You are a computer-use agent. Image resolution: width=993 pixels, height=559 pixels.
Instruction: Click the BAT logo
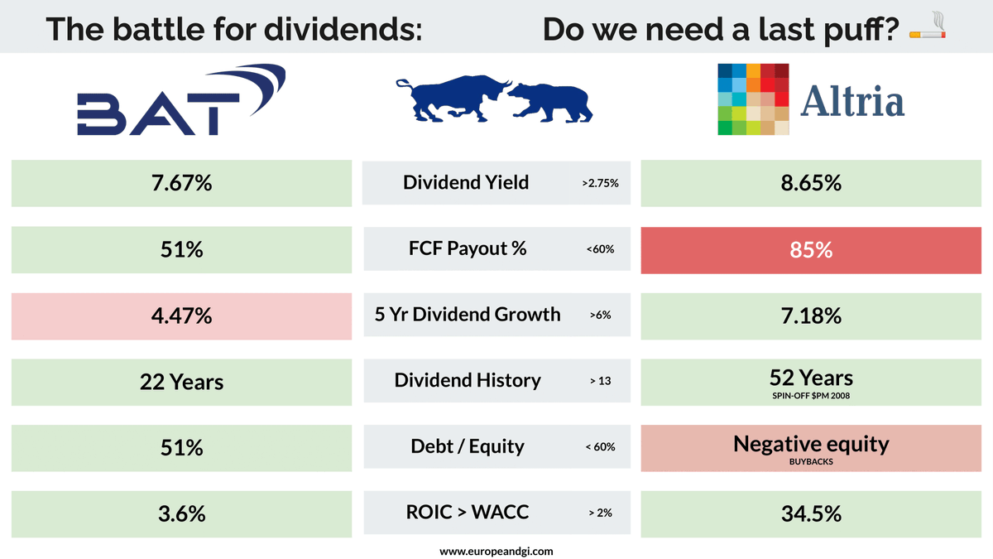point(181,99)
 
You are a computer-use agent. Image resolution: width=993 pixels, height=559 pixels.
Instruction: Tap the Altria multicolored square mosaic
point(753,99)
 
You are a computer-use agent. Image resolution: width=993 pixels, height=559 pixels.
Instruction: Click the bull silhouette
point(453,99)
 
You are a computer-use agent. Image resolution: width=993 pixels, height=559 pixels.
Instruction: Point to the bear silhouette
point(550,103)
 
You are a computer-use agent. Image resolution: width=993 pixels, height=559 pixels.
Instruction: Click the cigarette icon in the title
point(928,26)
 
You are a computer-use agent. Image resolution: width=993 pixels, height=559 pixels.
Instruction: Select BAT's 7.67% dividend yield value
point(182,183)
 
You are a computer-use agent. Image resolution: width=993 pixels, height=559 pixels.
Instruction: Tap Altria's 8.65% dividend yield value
point(811,183)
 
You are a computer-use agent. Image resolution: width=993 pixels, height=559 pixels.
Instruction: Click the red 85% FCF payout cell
point(811,250)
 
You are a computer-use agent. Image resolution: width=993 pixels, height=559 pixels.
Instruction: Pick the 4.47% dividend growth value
point(182,316)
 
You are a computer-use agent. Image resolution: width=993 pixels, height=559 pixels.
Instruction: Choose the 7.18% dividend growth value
point(811,316)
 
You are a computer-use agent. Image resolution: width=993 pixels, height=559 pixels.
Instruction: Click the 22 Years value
point(182,382)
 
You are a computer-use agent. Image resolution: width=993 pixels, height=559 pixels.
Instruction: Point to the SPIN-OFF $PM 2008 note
point(811,396)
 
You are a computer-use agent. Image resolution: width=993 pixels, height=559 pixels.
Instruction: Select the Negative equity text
point(811,444)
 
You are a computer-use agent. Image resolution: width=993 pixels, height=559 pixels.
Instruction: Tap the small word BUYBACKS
point(811,462)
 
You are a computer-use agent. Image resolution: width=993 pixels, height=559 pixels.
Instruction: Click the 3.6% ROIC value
point(182,513)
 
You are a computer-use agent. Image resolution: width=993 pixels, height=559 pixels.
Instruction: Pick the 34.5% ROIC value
point(811,513)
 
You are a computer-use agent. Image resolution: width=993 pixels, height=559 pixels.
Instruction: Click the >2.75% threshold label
point(600,183)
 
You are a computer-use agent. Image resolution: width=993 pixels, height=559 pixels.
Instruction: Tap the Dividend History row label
point(468,380)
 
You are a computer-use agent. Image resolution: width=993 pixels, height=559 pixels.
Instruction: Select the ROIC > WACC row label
point(468,512)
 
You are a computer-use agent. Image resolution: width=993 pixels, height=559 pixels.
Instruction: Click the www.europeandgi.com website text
point(496,552)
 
